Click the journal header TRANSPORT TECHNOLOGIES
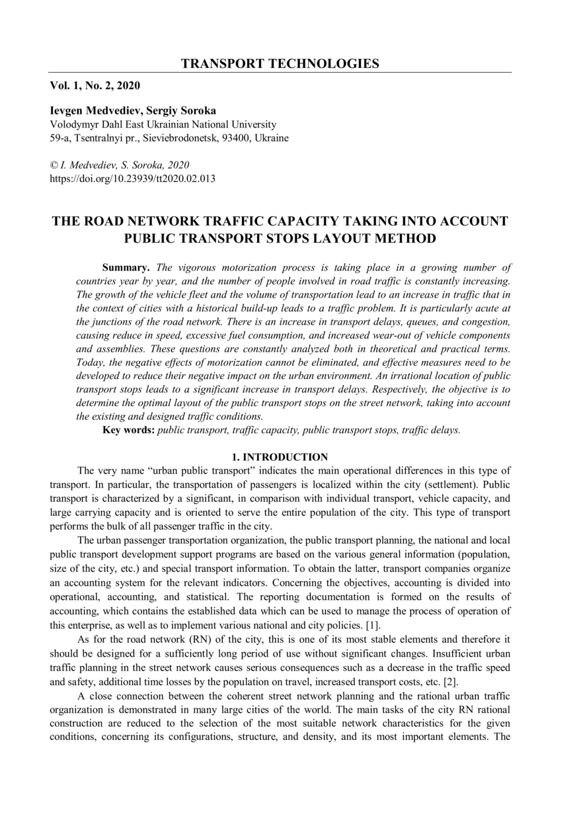click(x=280, y=64)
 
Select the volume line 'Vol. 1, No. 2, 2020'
click(x=95, y=85)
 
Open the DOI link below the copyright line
click(x=133, y=178)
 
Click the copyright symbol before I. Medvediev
click(x=54, y=165)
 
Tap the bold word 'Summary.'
click(x=126, y=268)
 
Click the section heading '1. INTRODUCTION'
click(x=280, y=457)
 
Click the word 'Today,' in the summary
click(x=91, y=362)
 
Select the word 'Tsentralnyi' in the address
click(x=94, y=138)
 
